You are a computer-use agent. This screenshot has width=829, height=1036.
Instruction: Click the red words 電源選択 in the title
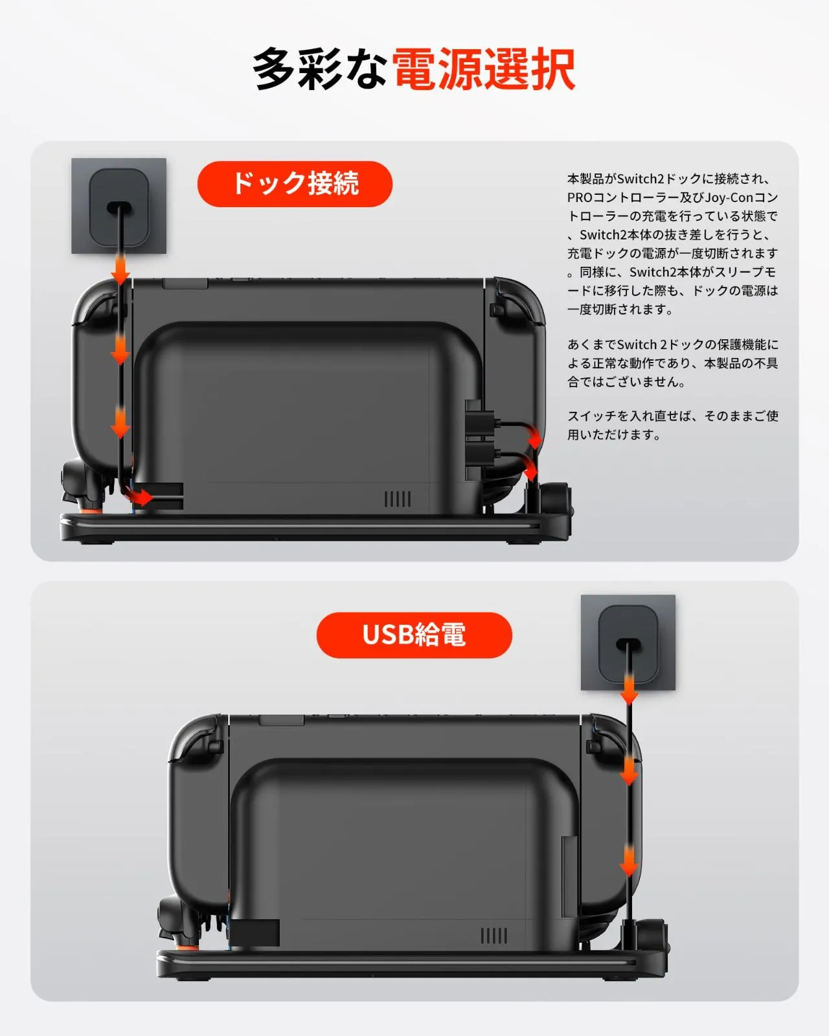point(484,69)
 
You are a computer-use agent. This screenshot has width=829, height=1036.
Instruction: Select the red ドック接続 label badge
point(295,184)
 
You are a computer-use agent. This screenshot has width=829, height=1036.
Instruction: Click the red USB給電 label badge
point(414,635)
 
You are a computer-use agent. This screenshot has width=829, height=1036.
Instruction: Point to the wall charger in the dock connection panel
point(119,206)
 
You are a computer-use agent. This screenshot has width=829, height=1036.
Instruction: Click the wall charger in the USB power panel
point(628,643)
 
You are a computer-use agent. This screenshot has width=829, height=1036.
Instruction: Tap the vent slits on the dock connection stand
point(398,499)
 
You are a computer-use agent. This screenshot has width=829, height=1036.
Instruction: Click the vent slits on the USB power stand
point(494,936)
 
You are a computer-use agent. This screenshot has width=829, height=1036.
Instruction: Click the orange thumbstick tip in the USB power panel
point(187,947)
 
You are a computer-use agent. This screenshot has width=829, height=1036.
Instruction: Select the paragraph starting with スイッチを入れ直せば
point(672,425)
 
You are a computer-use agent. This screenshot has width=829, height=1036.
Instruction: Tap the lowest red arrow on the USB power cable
point(629,861)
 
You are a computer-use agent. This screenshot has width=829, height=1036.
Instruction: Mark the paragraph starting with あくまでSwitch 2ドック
point(672,363)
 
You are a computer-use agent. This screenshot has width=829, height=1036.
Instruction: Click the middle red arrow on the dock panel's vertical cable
point(120,350)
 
